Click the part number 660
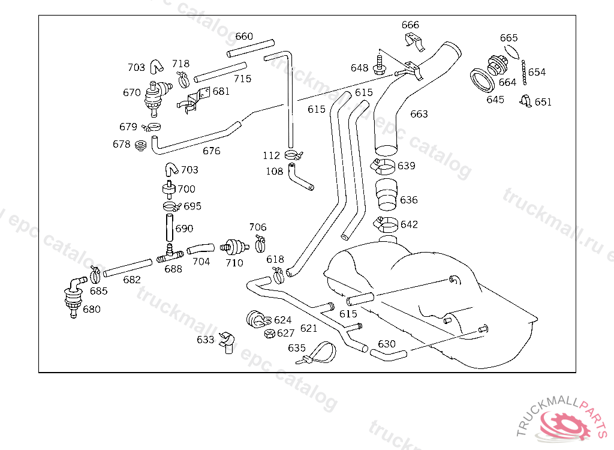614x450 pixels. point(244,36)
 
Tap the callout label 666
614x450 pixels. point(410,25)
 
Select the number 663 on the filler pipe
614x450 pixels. point(419,114)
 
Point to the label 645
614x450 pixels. point(495,100)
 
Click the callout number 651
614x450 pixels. point(543,102)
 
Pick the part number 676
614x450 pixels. point(211,151)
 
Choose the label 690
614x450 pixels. point(184,229)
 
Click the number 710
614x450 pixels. point(234,263)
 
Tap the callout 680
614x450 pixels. point(92,310)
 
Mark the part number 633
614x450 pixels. point(205,340)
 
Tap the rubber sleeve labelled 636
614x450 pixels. point(387,197)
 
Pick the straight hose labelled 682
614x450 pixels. point(128,268)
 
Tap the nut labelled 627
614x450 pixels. point(269,334)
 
